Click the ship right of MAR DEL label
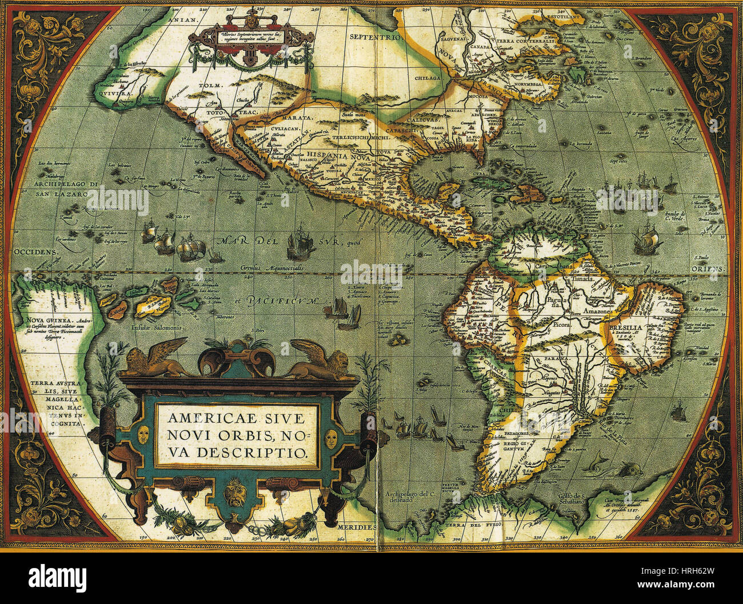301,241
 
